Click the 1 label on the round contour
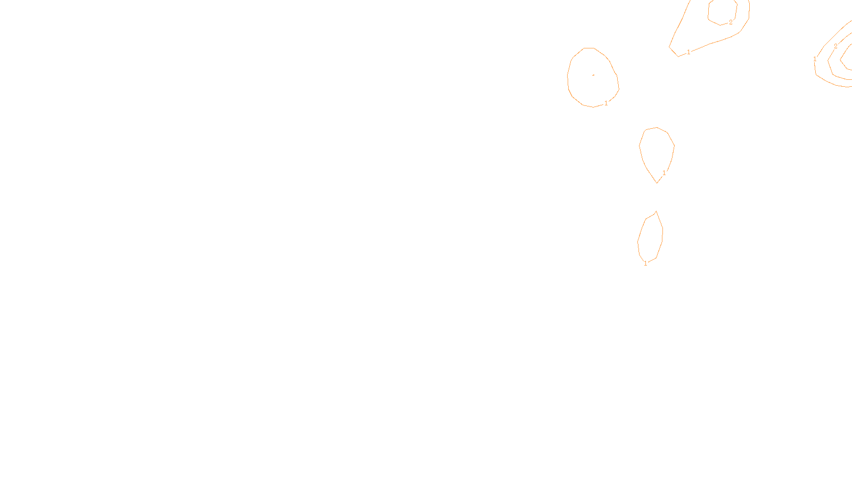tap(606, 103)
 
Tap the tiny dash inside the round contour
tap(593, 75)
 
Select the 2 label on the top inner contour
tap(731, 22)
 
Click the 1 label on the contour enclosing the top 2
tap(689, 52)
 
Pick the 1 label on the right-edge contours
tap(815, 59)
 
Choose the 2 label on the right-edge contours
tap(835, 46)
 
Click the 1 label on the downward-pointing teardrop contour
tap(664, 173)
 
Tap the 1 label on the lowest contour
tap(646, 263)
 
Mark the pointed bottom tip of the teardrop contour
tap(658, 183)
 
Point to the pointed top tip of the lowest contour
tap(656, 211)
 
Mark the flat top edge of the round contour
tap(588, 48)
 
